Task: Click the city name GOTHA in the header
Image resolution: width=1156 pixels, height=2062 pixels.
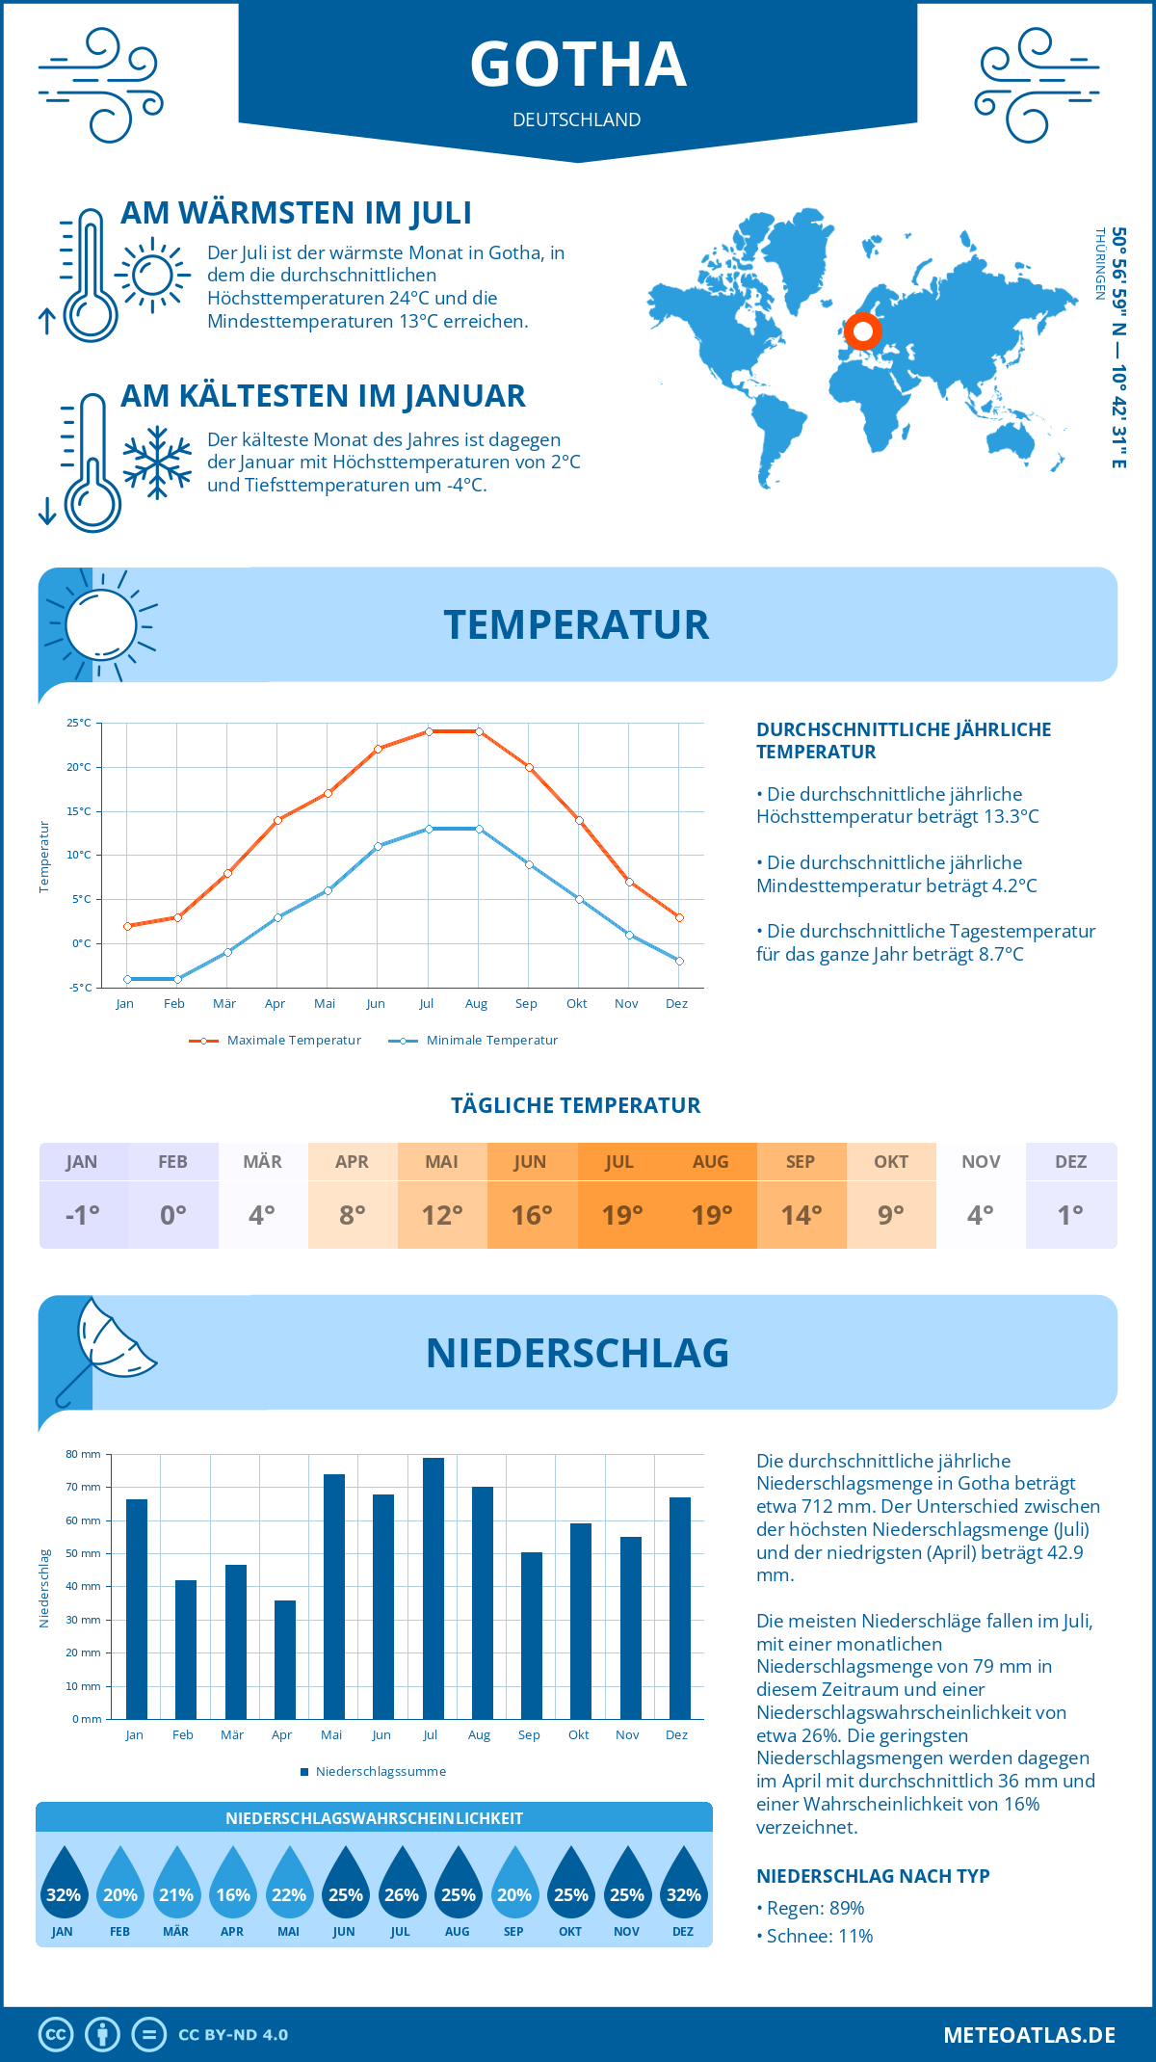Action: [x=578, y=66]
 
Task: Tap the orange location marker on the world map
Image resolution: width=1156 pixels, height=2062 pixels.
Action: [x=863, y=331]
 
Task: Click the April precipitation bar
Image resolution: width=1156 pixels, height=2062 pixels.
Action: [x=285, y=1659]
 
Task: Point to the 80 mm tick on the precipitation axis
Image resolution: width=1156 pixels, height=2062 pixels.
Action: [x=84, y=1454]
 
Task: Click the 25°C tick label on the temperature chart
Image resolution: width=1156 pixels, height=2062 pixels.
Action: [x=79, y=723]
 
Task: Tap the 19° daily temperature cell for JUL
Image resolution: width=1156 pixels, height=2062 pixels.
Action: [x=621, y=1215]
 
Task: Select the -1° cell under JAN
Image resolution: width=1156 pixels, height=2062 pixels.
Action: [x=83, y=1215]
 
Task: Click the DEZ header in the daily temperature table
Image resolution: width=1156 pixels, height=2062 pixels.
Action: [x=1070, y=1162]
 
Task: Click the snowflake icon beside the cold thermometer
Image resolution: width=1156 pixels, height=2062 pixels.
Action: [x=157, y=463]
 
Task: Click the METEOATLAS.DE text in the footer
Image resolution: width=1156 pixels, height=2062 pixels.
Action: [x=1029, y=2035]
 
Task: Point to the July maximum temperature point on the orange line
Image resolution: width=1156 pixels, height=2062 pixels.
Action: [x=429, y=731]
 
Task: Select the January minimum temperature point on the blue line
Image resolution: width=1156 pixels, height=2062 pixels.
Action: [x=127, y=979]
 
